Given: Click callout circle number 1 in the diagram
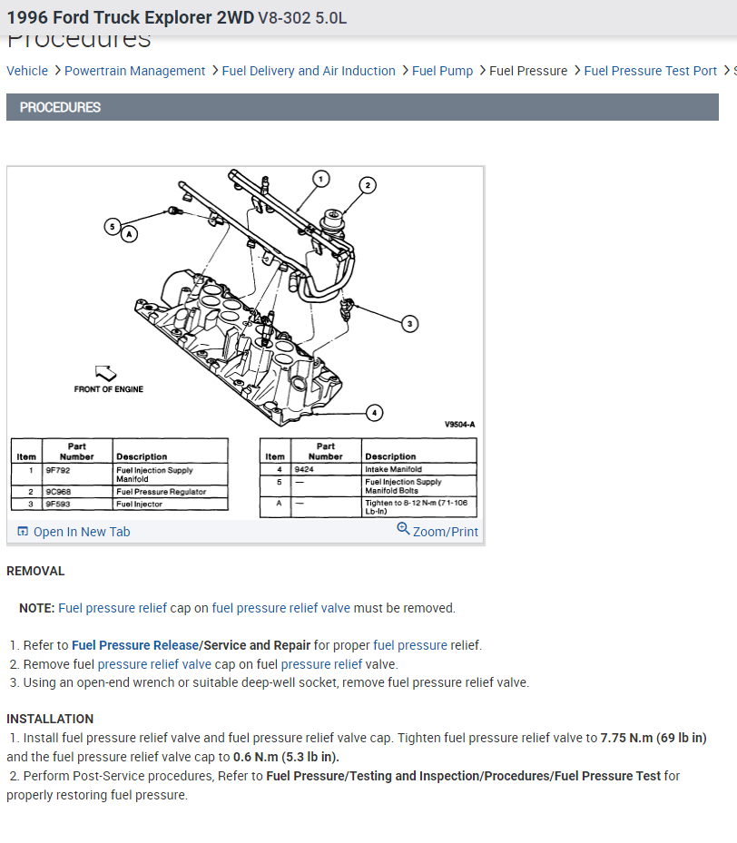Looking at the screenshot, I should pyautogui.click(x=320, y=179).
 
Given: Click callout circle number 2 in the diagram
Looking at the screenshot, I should pyautogui.click(x=368, y=185).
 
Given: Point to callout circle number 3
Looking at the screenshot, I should pyautogui.click(x=409, y=323).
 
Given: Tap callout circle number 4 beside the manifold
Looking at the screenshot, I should pyautogui.click(x=374, y=413).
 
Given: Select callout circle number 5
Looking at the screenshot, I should pyautogui.click(x=112, y=226).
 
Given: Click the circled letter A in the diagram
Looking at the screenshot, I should pyautogui.click(x=129, y=233).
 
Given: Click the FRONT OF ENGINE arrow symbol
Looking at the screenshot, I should pyautogui.click(x=106, y=372).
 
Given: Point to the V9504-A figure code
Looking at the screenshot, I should pyautogui.click(x=459, y=424).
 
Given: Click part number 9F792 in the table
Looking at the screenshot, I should pyautogui.click(x=57, y=470).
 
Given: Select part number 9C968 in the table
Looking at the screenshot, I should pyautogui.click(x=58, y=492).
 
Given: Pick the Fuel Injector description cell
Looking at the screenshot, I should pyautogui.click(x=139, y=504).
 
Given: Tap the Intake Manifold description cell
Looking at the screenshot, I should pyautogui.click(x=393, y=469).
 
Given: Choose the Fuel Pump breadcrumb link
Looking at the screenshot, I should pyautogui.click(x=442, y=71).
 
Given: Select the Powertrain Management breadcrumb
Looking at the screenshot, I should pyautogui.click(x=134, y=71).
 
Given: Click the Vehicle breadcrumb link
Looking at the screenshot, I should pyautogui.click(x=27, y=71).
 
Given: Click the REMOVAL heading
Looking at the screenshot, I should pyautogui.click(x=35, y=571).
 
